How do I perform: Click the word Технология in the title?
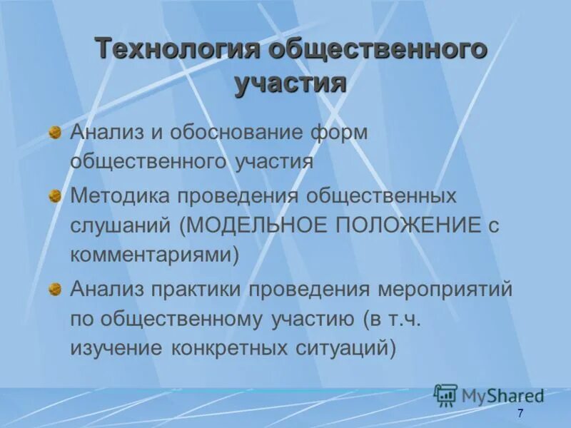pyautogui.click(x=178, y=50)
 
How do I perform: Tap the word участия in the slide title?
pyautogui.click(x=290, y=83)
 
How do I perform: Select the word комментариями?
pyautogui.click(x=153, y=255)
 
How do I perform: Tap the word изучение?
pyautogui.click(x=116, y=348)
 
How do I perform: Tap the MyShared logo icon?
pyautogui.click(x=445, y=395)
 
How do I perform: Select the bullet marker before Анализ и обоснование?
pyautogui.click(x=55, y=133)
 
